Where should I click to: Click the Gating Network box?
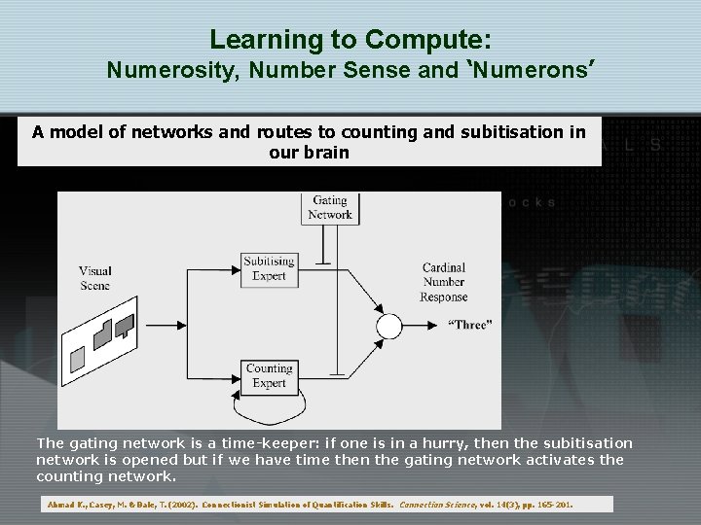(x=330, y=208)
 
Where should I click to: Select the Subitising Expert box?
(x=269, y=268)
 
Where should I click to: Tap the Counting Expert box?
(x=269, y=375)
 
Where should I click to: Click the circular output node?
(x=388, y=327)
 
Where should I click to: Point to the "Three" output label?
(x=469, y=325)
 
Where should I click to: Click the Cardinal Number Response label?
(x=444, y=282)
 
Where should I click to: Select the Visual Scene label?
(x=95, y=278)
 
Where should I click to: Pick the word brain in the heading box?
(x=328, y=153)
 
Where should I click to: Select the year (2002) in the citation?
(x=191, y=506)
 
